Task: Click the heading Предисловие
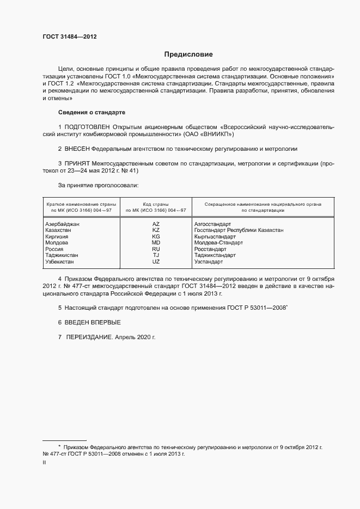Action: (188, 54)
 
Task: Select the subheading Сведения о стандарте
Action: (91, 112)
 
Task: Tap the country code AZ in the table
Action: (156, 224)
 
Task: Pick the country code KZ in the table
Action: (156, 230)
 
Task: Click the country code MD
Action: (156, 243)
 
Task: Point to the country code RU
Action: (156, 249)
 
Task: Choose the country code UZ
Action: (156, 262)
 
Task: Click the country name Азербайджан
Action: (63, 224)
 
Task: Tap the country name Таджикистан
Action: (62, 255)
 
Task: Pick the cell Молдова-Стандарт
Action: (218, 243)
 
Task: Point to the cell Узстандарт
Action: (209, 262)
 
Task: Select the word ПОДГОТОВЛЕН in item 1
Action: (90, 126)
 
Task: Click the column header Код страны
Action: (156, 204)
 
